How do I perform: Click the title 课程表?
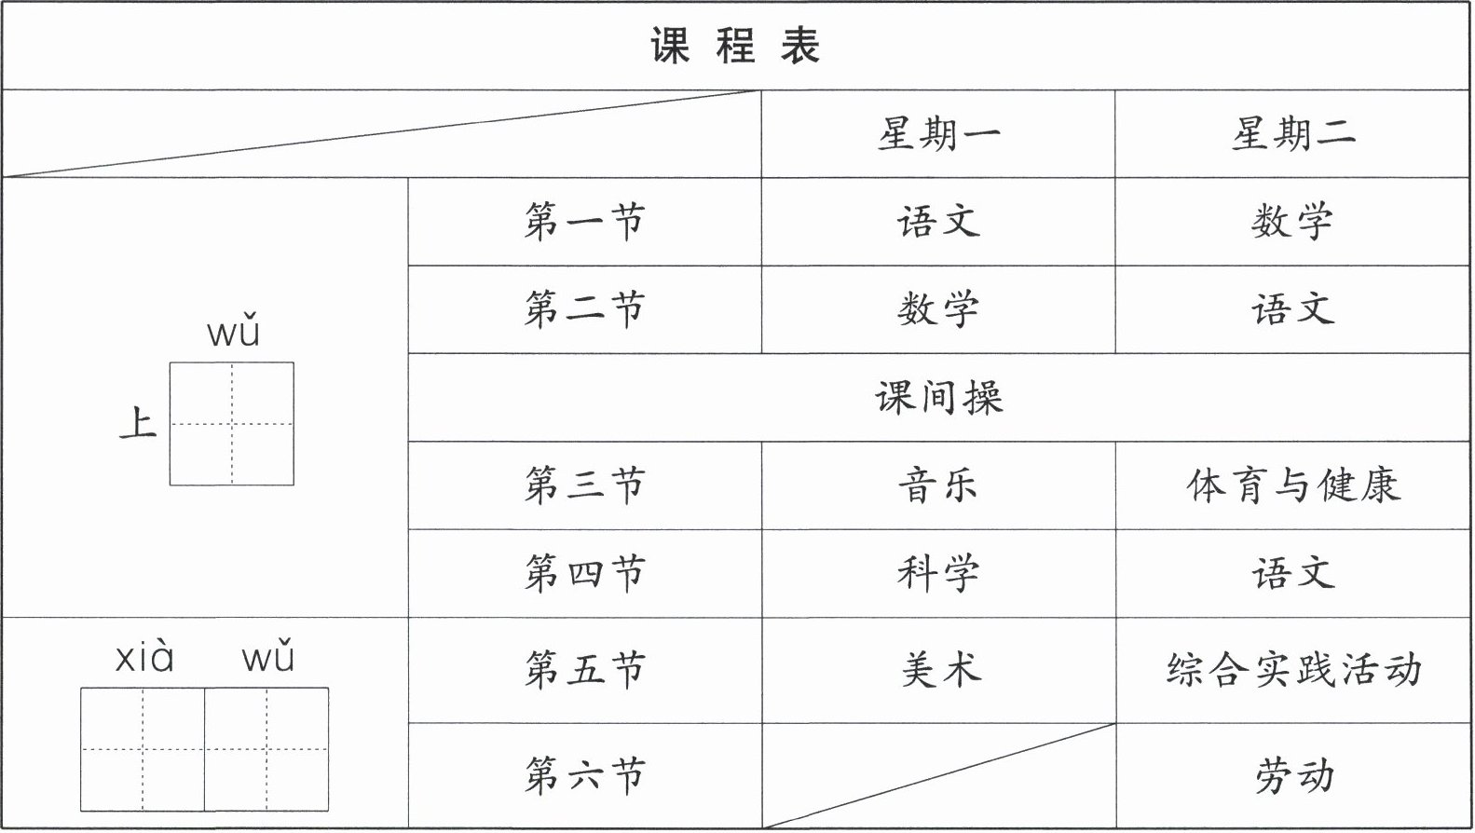[x=735, y=46]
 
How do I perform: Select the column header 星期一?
[x=938, y=134]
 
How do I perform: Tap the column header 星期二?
[x=1292, y=134]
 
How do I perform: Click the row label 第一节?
[x=584, y=222]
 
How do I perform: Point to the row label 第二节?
[x=584, y=309]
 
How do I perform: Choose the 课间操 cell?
[x=938, y=398]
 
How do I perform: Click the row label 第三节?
[x=584, y=485]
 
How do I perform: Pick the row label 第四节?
[x=584, y=573]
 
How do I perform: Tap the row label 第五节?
[x=584, y=670]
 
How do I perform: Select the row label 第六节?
[x=584, y=775]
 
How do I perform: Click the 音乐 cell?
[x=938, y=485]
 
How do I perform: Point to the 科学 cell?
[x=938, y=573]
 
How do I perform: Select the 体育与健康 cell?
[x=1292, y=485]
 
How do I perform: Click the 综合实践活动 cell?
[x=1292, y=670]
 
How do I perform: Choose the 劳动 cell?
[x=1294, y=775]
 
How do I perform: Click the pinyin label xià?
[x=144, y=658]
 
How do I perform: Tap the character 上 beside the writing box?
[x=138, y=424]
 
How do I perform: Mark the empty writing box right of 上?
[x=231, y=424]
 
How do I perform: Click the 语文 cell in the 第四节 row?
[x=1292, y=573]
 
